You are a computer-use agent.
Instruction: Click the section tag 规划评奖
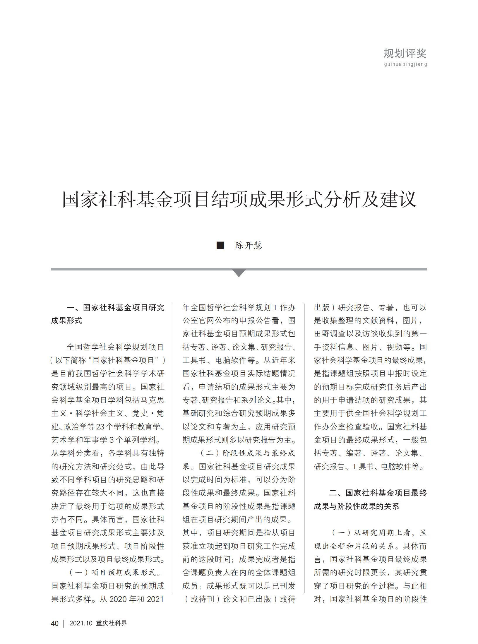405,54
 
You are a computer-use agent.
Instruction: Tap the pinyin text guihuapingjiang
405,64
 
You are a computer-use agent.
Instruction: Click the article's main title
239,199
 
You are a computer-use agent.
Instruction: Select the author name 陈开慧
249,245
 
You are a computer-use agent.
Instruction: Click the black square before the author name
220,245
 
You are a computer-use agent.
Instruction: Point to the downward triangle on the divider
239,273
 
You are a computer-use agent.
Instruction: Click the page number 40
55,623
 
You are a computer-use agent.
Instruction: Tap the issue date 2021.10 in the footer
81,623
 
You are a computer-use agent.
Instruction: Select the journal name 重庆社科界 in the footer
112,623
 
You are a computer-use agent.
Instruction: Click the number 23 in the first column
100,427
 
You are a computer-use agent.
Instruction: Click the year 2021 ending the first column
155,599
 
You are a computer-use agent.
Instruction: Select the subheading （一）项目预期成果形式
114,573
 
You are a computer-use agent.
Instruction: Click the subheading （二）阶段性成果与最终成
248,453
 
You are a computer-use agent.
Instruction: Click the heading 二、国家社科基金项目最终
378,493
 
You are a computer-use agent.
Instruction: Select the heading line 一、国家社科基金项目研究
115,308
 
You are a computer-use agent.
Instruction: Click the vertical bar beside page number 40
64,624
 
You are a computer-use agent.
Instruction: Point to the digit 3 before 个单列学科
112,440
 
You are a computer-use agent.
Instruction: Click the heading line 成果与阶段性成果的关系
356,506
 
